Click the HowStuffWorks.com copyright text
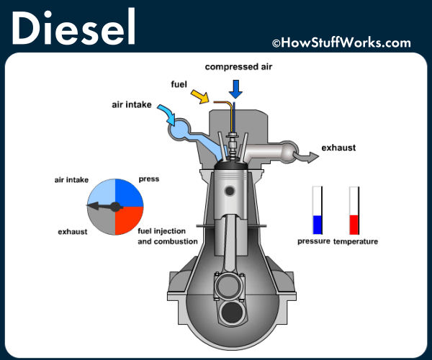pyautogui.click(x=341, y=43)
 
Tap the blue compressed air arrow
pyautogui.click(x=235, y=89)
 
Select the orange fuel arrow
pyautogui.click(x=199, y=95)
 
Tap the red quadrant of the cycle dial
pyautogui.click(x=130, y=221)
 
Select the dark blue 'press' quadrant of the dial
pyautogui.click(x=130, y=193)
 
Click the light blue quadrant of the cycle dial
pyautogui.click(x=102, y=193)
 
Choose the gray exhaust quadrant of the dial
pyautogui.click(x=102, y=221)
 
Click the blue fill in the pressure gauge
pyautogui.click(x=317, y=225)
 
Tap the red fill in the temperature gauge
pyautogui.click(x=354, y=225)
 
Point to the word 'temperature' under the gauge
pyautogui.click(x=356, y=241)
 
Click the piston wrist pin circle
pyautogui.click(x=230, y=192)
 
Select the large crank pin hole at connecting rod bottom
pyautogui.click(x=232, y=311)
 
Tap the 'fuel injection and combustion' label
pyautogui.click(x=167, y=237)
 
